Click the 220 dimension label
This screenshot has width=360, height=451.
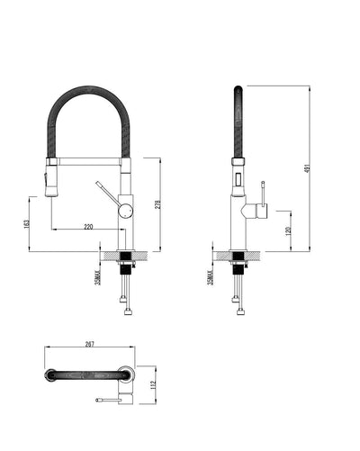(88, 226)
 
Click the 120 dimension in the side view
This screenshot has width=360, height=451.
(287, 230)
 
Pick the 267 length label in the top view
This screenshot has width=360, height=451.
(90, 345)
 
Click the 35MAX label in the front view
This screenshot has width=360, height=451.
(97, 275)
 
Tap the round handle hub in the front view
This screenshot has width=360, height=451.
(127, 210)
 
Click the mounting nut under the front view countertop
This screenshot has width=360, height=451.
(126, 266)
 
